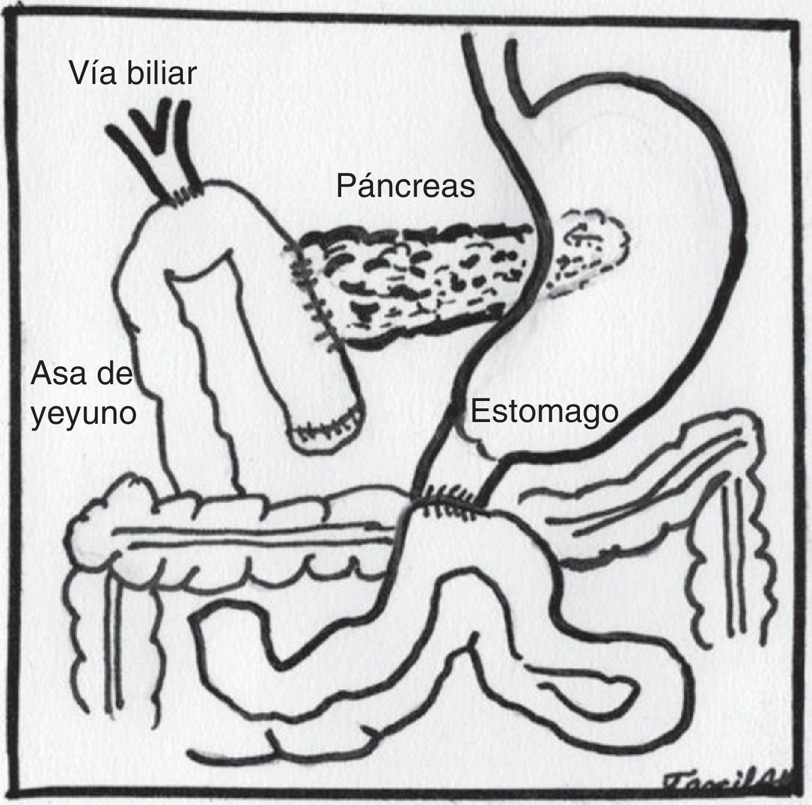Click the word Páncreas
point(405,185)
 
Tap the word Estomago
point(543,412)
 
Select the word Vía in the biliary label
point(91,73)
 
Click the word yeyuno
point(83,414)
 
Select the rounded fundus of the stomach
point(630,138)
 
